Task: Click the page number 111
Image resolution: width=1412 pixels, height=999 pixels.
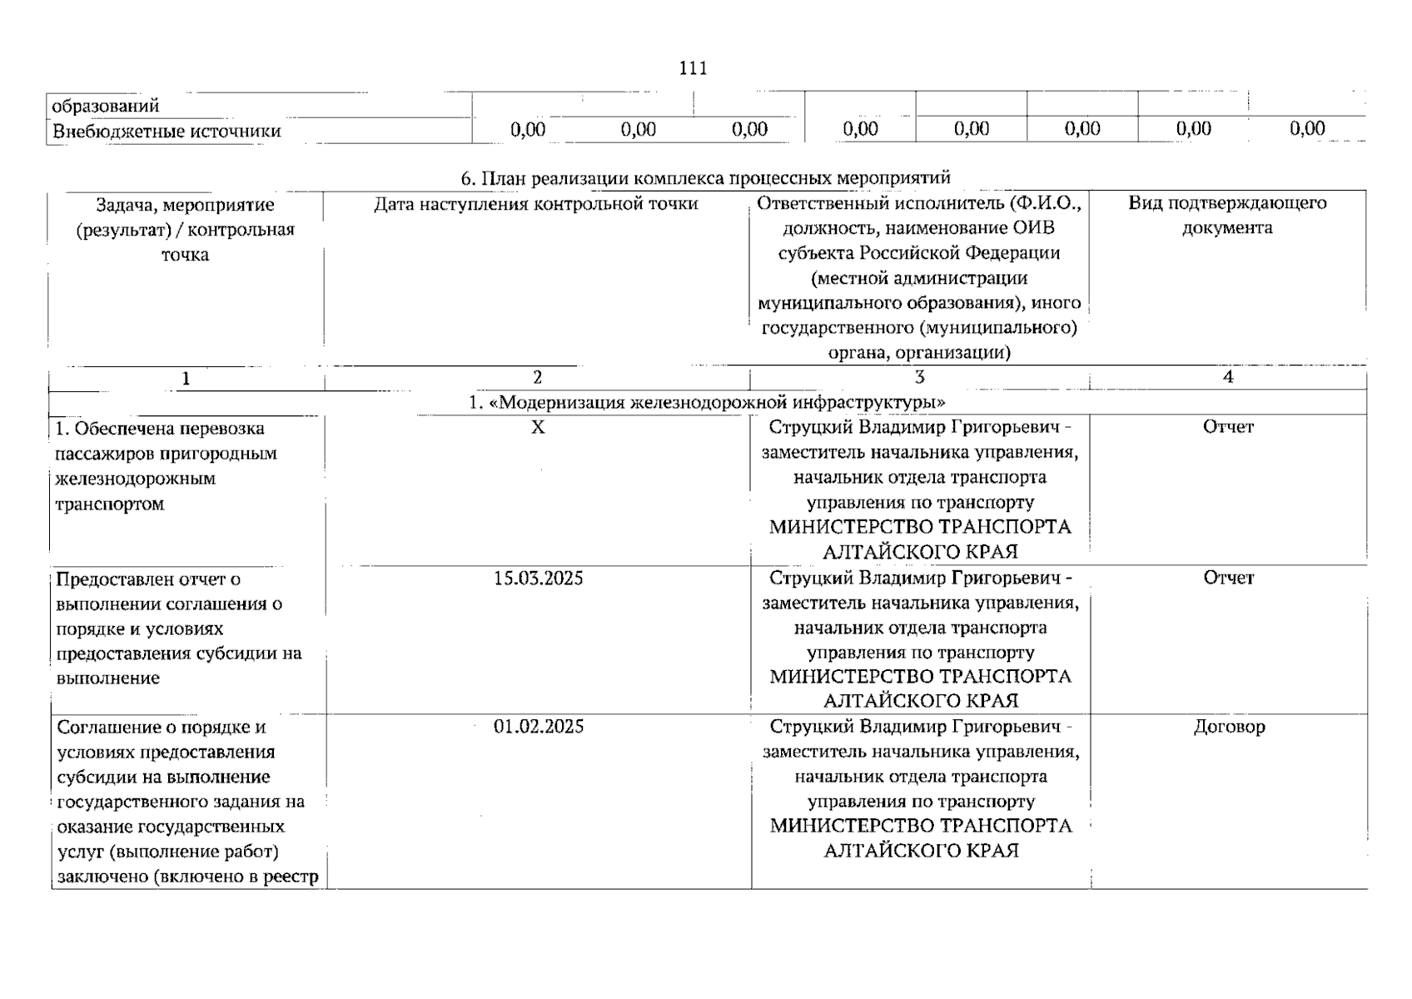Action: (693, 68)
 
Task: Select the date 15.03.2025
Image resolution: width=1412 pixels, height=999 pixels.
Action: (538, 579)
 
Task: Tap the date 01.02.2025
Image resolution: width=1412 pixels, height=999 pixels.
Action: (538, 727)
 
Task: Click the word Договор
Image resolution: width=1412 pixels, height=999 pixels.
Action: (1229, 727)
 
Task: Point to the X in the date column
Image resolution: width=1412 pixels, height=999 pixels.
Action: (538, 427)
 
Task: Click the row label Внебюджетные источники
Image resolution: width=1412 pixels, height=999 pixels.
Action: (167, 132)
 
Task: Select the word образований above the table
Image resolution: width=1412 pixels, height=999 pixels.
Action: (106, 106)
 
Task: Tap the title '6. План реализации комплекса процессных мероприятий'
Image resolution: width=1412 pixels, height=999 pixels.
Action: (706, 178)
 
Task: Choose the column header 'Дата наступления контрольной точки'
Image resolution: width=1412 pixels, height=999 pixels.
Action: (536, 204)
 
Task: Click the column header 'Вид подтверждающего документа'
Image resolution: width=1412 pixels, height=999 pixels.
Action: (1227, 215)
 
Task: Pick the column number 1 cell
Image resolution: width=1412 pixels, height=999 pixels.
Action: (186, 379)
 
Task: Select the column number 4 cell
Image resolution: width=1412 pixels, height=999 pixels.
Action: (1227, 377)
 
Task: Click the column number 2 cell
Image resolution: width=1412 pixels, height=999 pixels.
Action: (537, 377)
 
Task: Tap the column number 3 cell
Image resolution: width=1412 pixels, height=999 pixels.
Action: (919, 377)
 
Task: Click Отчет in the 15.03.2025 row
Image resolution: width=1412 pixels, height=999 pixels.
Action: (1228, 578)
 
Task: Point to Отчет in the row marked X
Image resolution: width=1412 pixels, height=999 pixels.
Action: (1228, 427)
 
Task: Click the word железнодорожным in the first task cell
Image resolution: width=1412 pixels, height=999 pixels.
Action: (135, 479)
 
